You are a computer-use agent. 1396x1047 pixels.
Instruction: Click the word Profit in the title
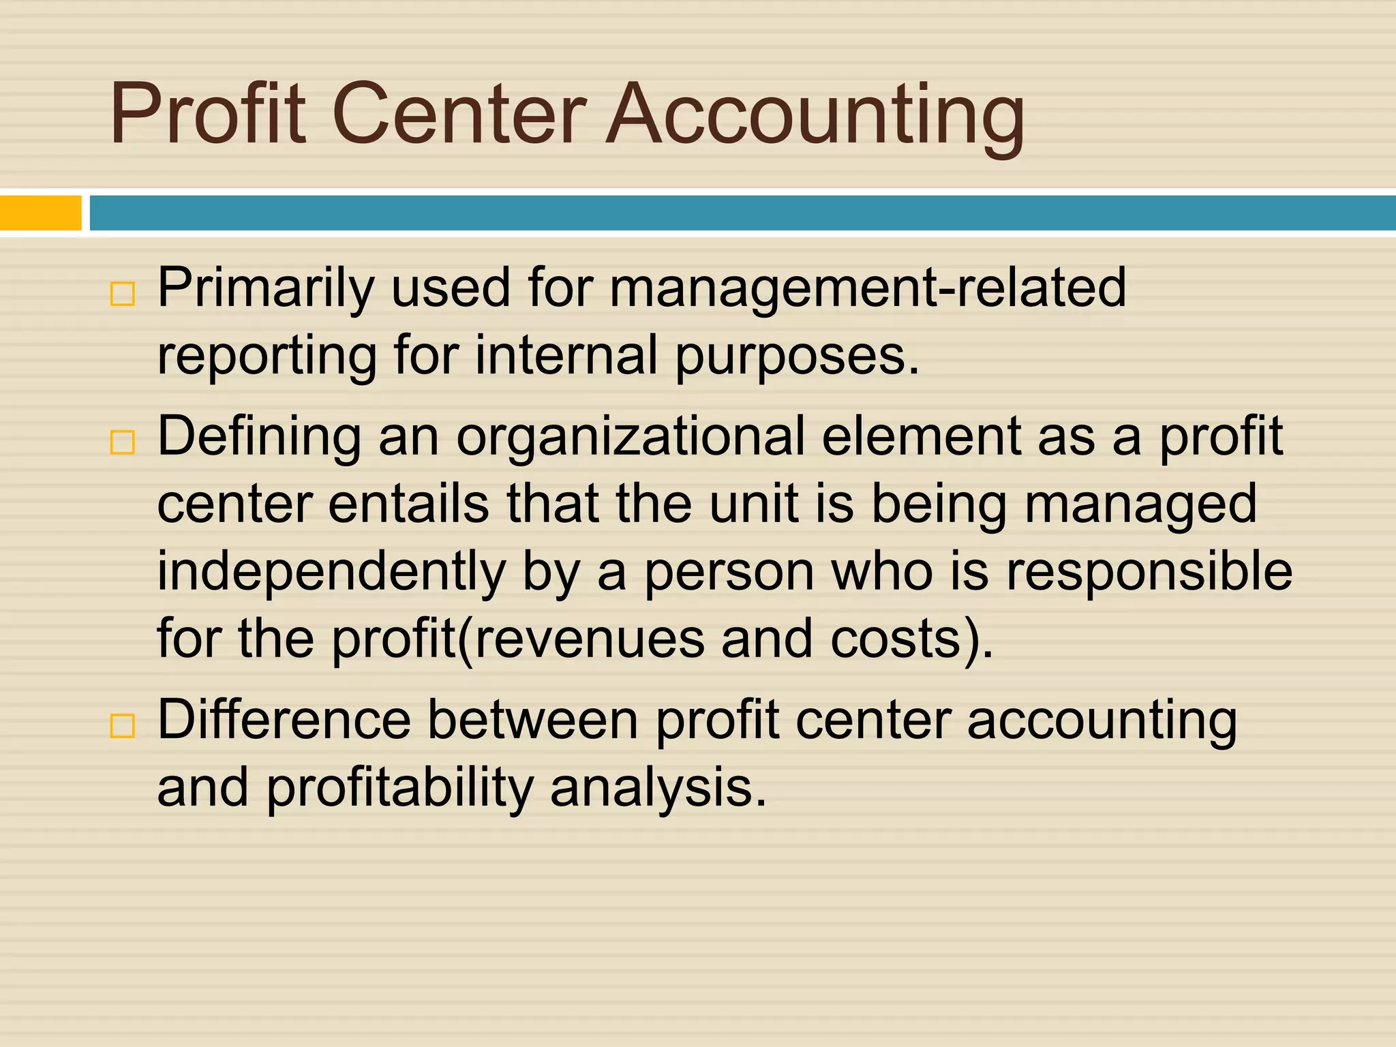208,113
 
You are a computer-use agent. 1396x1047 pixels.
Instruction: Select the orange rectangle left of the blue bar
40,213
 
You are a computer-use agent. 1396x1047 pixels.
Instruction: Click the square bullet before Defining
123,442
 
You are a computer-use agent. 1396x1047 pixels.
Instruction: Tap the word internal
566,356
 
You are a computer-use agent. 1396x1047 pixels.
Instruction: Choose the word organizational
631,438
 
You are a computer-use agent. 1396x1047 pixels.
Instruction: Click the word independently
331,573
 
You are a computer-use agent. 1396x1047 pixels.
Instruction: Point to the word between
532,720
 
